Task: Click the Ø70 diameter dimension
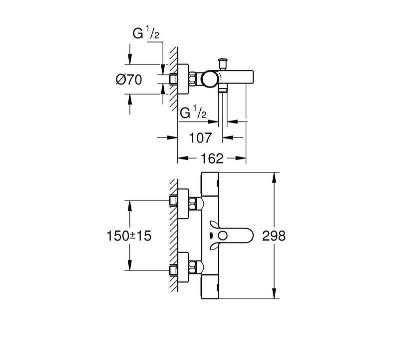point(129,79)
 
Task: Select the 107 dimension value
point(200,138)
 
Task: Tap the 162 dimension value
point(212,158)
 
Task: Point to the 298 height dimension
point(274,236)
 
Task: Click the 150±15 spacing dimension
point(129,236)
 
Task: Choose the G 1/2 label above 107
point(193,112)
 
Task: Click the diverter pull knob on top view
point(223,63)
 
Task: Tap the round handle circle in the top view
point(210,79)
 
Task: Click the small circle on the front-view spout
point(223,236)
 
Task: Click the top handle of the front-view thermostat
point(210,184)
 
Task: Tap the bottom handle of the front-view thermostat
point(210,287)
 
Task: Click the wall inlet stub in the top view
point(173,79)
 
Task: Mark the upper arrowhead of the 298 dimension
point(274,177)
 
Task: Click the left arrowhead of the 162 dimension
point(183,158)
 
